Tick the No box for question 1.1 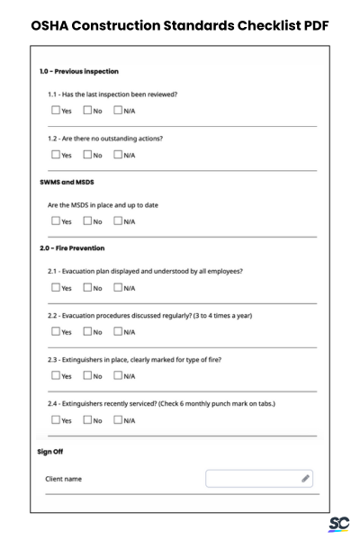tap(87, 111)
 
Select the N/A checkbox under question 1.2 tap(117, 154)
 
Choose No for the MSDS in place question tap(87, 220)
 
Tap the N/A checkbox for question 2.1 tap(117, 288)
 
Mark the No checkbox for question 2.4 tap(87, 419)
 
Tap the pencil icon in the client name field tap(306, 478)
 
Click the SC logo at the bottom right tap(339, 523)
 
